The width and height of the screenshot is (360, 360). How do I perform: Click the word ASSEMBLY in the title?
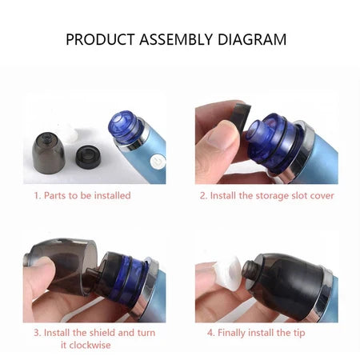tap(176, 39)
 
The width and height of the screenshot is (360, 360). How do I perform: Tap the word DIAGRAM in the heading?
tap(252, 39)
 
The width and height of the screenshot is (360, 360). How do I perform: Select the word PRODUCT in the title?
tap(100, 39)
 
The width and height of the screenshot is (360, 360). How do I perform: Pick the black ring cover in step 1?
tap(88, 157)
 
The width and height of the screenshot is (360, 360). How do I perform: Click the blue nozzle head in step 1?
tap(125, 126)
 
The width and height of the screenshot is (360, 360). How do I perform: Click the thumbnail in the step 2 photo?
tap(222, 136)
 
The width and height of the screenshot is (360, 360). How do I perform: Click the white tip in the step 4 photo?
tap(230, 274)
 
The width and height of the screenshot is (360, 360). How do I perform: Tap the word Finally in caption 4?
tap(231, 333)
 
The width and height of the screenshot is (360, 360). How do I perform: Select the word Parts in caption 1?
tap(54, 195)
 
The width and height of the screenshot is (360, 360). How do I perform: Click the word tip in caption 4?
tap(299, 334)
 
